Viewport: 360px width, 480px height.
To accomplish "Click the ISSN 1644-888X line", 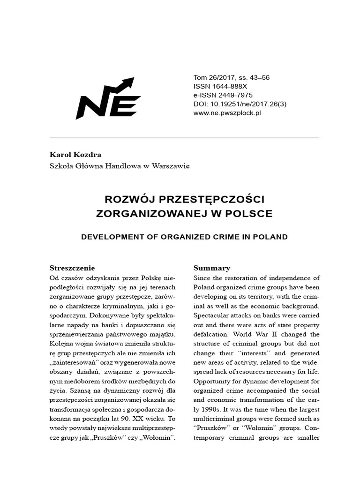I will point(220,87).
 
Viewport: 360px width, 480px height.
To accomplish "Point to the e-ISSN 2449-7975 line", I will point(223,95).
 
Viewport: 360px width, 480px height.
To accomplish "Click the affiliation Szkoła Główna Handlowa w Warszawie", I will point(120,166).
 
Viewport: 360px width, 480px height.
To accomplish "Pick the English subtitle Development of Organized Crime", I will point(184,237).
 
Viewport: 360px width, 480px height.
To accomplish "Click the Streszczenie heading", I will point(72,268).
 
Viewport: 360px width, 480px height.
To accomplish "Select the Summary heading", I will point(212,268).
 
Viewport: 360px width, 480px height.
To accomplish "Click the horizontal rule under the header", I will point(184,138).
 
